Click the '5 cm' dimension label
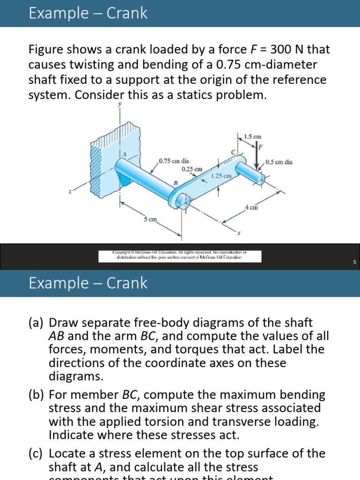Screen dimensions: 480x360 [150, 219]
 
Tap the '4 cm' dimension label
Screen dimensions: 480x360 [251, 207]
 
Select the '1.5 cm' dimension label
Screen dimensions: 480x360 [252, 136]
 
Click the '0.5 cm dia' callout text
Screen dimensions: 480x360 [279, 162]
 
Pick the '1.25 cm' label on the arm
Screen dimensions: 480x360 [221, 176]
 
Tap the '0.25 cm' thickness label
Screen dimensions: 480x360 [192, 169]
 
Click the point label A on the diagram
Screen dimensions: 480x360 [124, 155]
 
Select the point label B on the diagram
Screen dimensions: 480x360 [176, 183]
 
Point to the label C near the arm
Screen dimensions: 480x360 [233, 152]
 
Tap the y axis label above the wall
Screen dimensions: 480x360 [120, 104]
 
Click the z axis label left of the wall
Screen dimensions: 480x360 [70, 191]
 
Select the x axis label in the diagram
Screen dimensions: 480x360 [238, 233]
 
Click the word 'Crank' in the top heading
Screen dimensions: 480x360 [127, 13]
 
